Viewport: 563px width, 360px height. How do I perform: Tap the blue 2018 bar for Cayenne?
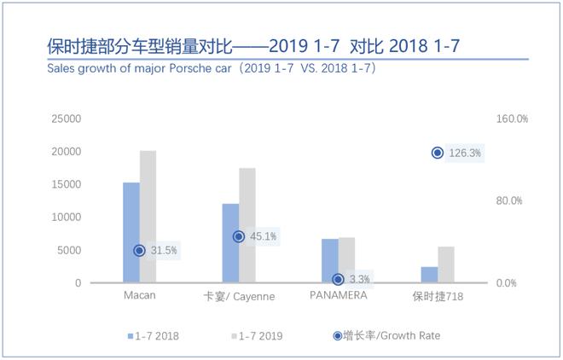(x=230, y=243)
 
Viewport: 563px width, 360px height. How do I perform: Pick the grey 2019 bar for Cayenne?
(x=247, y=225)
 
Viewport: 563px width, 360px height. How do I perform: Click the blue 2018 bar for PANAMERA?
(x=329, y=260)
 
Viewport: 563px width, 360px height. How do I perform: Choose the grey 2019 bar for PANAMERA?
(x=346, y=259)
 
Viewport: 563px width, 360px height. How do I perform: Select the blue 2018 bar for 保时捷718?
(x=429, y=275)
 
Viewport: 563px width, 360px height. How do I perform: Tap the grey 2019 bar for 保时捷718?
(x=446, y=264)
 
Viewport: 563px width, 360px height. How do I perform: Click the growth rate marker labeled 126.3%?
(x=438, y=153)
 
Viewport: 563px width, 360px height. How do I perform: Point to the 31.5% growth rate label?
(x=164, y=250)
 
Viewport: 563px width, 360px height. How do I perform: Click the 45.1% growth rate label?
(x=263, y=236)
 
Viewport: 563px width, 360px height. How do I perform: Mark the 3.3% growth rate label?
(x=360, y=279)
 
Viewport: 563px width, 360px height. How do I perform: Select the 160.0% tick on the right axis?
(x=513, y=119)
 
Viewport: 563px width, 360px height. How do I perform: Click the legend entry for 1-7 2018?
(x=154, y=336)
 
